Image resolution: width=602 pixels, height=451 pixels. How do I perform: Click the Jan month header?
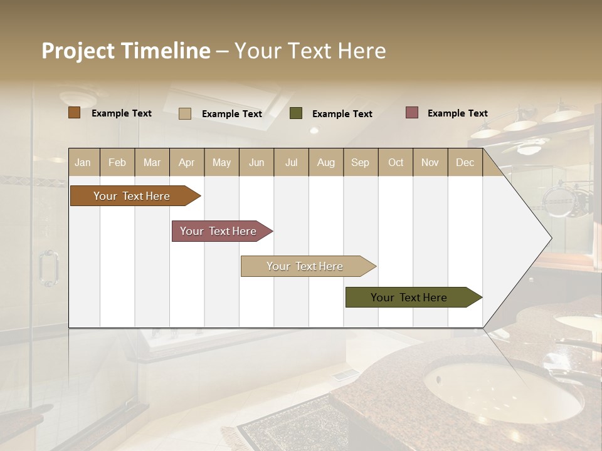point(83,162)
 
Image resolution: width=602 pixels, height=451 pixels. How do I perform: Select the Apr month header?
point(186,162)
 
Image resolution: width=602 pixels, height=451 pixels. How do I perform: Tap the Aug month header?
point(325,162)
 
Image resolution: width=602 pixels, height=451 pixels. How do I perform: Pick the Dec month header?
point(465,162)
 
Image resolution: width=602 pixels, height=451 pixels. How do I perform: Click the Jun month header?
point(256,162)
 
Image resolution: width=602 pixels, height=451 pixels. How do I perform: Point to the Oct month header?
point(396,162)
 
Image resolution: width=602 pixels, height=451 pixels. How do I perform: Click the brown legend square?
point(74,113)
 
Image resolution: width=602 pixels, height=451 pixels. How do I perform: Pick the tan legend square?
point(184,113)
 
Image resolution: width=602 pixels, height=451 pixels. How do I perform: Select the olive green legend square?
point(296,113)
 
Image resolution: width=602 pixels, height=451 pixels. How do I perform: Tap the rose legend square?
point(411,113)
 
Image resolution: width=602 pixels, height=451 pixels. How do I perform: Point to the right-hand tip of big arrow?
point(550,238)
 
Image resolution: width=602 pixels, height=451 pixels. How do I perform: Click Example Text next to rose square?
point(457,113)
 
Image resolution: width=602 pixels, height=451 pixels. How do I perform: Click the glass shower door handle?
point(48,268)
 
